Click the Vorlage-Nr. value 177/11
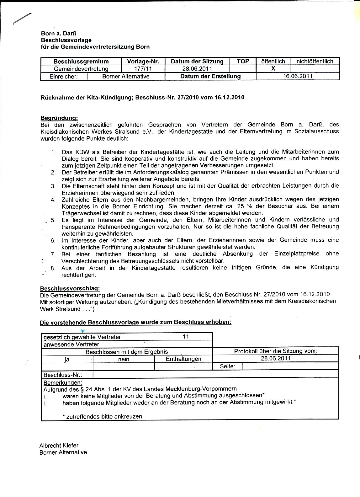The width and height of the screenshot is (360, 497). click(143, 69)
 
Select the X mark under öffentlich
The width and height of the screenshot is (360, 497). click(273, 69)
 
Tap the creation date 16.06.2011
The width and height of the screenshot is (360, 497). click(298, 76)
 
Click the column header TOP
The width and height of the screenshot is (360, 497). click(243, 61)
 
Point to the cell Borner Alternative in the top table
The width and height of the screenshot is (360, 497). click(126, 76)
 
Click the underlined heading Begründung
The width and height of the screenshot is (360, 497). click(59, 118)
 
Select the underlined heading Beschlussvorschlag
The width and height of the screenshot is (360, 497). click(70, 288)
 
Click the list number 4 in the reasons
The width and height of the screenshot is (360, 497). click(53, 200)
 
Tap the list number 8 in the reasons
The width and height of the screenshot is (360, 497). click(53, 268)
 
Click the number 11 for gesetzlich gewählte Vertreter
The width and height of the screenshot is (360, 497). click(186, 337)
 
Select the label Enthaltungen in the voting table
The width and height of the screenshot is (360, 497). click(183, 359)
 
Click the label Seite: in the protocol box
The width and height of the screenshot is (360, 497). click(227, 366)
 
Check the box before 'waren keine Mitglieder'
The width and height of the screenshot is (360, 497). click(46, 397)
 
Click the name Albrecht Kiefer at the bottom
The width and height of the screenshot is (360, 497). click(59, 446)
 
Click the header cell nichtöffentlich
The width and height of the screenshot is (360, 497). click(315, 61)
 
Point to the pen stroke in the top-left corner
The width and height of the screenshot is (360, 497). click(22, 19)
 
